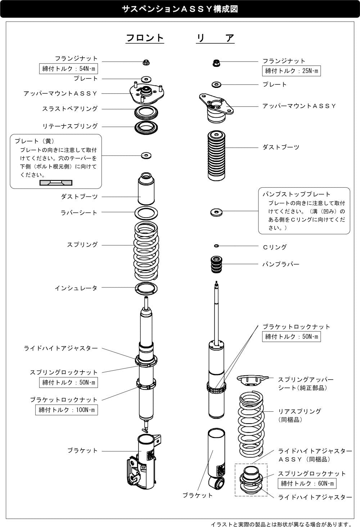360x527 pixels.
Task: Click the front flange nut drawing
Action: [x=146, y=63]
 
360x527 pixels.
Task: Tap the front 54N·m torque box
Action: [x=68, y=69]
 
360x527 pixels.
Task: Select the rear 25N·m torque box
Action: [x=291, y=71]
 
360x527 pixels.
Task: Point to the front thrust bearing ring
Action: [x=146, y=112]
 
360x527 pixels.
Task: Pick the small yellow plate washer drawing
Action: [x=146, y=156]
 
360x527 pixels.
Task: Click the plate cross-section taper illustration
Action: [x=56, y=183]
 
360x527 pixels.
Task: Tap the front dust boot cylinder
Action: [x=146, y=189]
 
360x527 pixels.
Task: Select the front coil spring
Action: [x=146, y=251]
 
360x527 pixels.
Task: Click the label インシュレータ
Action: [x=76, y=288]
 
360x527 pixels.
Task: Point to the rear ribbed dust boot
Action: [x=216, y=156]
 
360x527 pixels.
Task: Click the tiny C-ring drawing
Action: [x=217, y=246]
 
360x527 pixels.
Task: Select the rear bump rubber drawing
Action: [x=216, y=264]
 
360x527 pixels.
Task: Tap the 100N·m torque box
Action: [x=67, y=410]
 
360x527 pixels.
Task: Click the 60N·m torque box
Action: [x=307, y=483]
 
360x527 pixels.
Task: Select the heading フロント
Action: [x=145, y=38]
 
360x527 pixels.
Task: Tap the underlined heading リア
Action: [x=215, y=38]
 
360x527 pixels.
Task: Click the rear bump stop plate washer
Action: [x=216, y=212]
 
